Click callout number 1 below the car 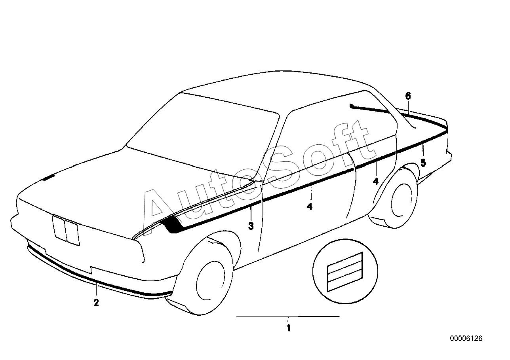pos(289,328)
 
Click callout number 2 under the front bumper pos(96,303)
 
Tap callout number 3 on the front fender pos(251,226)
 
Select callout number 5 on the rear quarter pos(423,163)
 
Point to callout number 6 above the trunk pos(408,96)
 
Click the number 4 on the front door pos(309,207)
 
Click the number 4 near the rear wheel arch pos(376,182)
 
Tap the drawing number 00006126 pos(466,339)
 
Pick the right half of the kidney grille pos(72,233)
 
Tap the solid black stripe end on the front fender pos(172,225)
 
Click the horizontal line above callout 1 pos(288,316)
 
